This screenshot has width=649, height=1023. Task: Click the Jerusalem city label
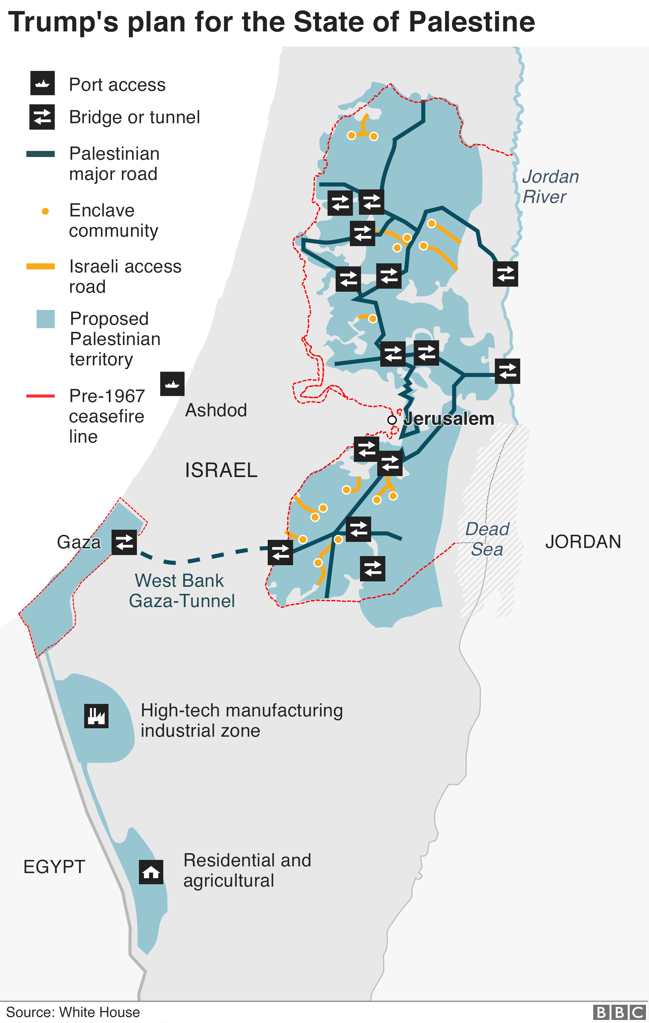pos(448,419)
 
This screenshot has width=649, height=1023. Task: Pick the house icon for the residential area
pos(151,872)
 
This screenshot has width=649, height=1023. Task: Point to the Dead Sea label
pos(487,539)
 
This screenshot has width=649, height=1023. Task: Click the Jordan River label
pos(550,186)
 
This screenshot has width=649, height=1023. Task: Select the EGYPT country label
pos(54,867)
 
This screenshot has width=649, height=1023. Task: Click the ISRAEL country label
pos(221,470)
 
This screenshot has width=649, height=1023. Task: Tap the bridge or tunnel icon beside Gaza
pos(124,542)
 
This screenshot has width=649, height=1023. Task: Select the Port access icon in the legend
pos(43,83)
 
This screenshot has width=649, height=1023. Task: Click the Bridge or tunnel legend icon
pos(42,117)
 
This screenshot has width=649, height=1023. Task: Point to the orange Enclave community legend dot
pos(45,211)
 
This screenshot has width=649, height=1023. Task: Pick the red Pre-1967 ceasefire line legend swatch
pos(41,396)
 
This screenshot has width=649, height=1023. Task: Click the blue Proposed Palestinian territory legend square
pos(46,319)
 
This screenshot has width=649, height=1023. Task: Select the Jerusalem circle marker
pos(392,420)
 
